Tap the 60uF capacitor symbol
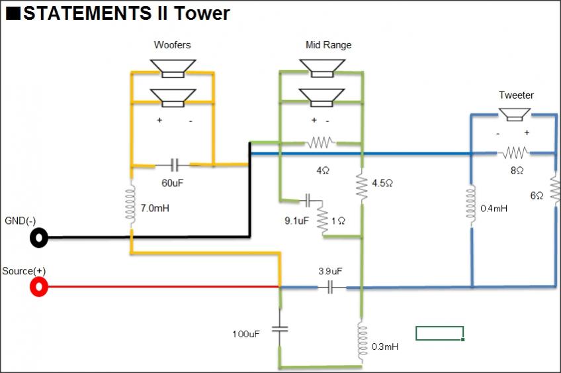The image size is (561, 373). click(174, 165)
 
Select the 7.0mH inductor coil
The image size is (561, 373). click(131, 204)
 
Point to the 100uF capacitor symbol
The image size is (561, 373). click(280, 329)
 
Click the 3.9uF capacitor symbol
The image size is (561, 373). click(330, 288)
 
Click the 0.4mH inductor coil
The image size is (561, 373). click(472, 206)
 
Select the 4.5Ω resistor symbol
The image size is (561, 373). click(362, 187)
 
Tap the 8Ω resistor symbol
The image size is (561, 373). click(514, 153)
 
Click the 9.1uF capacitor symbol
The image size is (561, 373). click(308, 200)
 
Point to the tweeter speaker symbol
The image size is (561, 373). click(515, 115)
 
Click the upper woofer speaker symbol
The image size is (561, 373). click(173, 68)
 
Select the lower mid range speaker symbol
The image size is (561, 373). click(322, 98)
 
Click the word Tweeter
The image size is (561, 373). click(516, 95)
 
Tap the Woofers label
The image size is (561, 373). click(172, 45)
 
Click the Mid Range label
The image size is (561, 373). click(328, 45)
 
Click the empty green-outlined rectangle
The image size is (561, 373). click(440, 333)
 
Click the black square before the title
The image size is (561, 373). click(13, 13)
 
